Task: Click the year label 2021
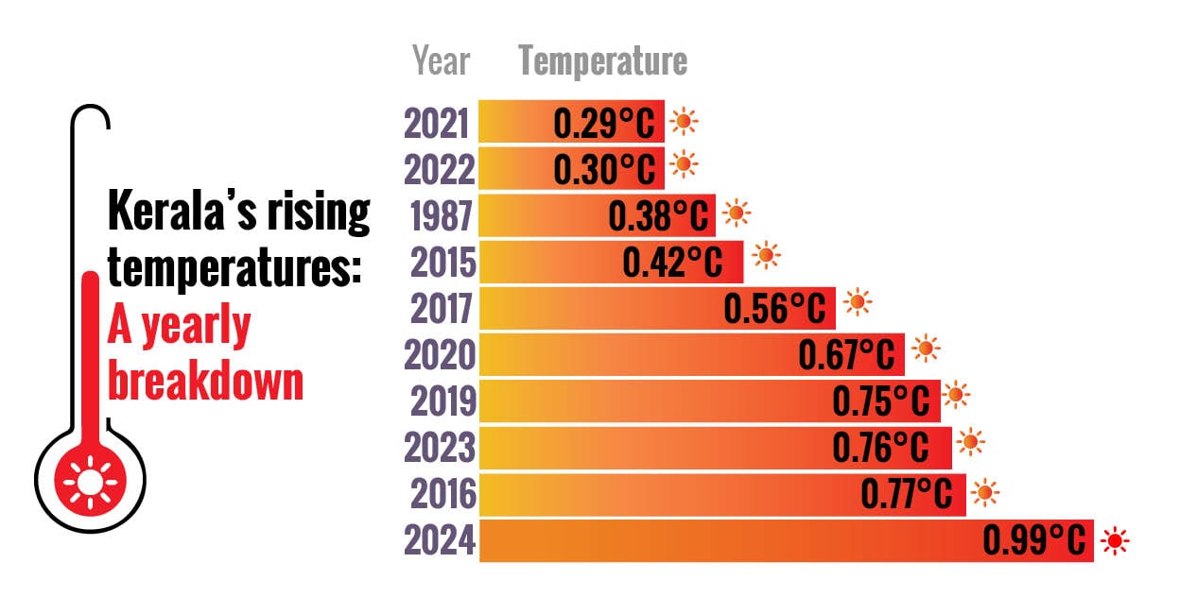tap(436, 124)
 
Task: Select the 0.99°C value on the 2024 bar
tap(1034, 541)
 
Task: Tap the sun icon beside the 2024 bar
tap(1117, 541)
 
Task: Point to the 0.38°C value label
tap(658, 216)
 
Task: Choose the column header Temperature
tap(602, 62)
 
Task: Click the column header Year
tap(441, 62)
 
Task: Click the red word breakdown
tap(205, 382)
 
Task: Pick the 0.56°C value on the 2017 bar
tap(773, 309)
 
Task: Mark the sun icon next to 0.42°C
tap(765, 255)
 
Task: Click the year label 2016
tap(441, 494)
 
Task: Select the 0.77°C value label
tap(911, 494)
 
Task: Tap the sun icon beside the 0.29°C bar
tap(684, 121)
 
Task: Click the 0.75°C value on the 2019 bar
tap(881, 401)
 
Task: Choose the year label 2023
tap(441, 448)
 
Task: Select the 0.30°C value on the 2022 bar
tap(604, 170)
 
